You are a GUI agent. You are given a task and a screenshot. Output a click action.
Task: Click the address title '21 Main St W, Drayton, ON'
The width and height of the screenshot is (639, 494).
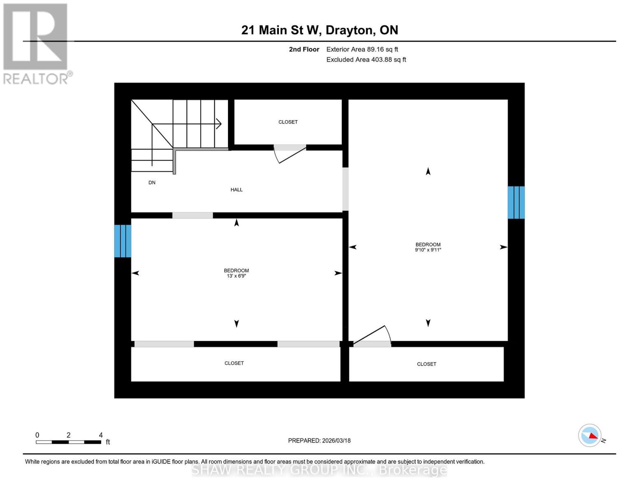(319, 30)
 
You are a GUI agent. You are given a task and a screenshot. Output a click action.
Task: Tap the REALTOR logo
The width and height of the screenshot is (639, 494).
(36, 44)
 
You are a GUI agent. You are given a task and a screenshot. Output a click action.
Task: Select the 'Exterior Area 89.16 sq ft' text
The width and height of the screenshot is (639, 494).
(362, 49)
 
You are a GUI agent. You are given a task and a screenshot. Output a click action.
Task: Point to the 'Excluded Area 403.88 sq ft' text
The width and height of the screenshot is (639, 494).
(366, 60)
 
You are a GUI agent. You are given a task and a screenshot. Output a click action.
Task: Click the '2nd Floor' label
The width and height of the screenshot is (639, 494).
(304, 49)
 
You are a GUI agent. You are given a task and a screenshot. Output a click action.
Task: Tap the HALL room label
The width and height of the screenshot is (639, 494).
(236, 190)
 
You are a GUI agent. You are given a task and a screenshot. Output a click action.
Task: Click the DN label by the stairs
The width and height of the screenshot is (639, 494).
(152, 183)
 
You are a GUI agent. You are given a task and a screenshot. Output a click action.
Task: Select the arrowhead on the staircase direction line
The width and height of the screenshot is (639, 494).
(219, 123)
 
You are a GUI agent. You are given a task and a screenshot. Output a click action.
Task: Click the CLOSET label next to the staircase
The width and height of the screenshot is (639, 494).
(288, 122)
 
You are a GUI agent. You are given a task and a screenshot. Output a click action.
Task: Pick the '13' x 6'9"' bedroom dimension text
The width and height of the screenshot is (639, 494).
(236, 276)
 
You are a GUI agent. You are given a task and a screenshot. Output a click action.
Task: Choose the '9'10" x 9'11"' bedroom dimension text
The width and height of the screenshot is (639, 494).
(428, 250)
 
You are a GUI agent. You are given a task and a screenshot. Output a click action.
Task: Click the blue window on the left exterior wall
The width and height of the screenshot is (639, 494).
(123, 241)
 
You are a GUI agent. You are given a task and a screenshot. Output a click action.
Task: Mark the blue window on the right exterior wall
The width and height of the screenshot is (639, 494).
(516, 202)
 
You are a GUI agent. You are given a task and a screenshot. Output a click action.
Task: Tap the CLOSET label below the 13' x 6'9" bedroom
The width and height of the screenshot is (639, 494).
(234, 364)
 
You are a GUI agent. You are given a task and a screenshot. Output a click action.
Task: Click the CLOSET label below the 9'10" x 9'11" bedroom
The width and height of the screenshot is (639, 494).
(426, 364)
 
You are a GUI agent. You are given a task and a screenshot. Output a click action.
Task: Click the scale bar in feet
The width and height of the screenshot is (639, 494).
(68, 442)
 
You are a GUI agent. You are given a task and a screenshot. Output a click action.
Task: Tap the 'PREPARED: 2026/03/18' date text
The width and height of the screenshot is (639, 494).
(319, 441)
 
